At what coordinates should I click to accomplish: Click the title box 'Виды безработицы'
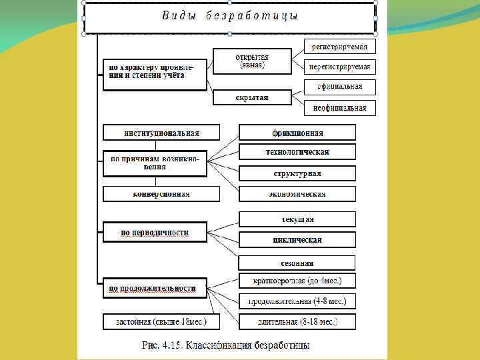(x=229, y=17)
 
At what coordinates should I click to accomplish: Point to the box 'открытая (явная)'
(x=251, y=61)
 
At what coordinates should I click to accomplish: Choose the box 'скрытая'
(x=251, y=97)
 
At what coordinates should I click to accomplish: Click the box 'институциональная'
(x=161, y=132)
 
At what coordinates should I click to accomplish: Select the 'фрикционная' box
(x=297, y=132)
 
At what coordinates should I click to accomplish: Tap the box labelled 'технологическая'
(x=297, y=152)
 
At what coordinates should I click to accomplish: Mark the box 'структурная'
(x=297, y=173)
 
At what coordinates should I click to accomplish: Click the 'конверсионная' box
(x=161, y=194)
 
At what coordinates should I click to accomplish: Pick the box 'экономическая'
(x=297, y=194)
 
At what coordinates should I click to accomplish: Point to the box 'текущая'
(x=297, y=219)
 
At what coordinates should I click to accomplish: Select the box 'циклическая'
(x=297, y=239)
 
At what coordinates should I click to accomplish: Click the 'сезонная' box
(x=297, y=263)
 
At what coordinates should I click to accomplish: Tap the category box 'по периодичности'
(x=155, y=233)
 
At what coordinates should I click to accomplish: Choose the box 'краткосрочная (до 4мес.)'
(x=297, y=281)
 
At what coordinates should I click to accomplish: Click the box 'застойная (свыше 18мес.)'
(x=161, y=321)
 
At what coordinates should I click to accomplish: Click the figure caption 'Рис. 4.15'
(x=226, y=345)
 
